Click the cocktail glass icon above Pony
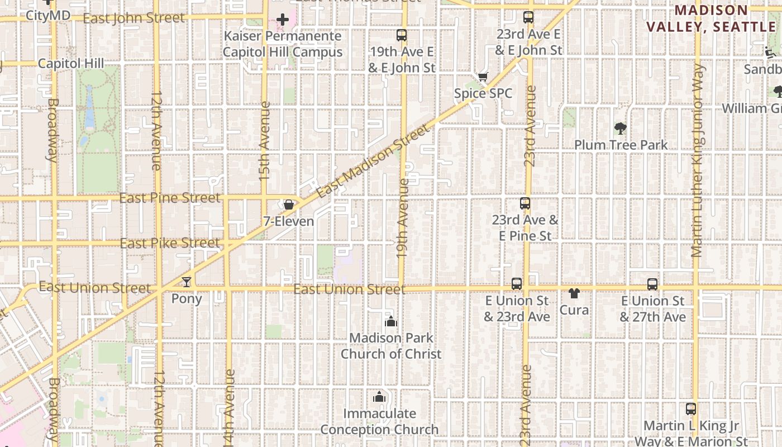[x=186, y=282]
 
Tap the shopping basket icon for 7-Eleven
[x=289, y=205]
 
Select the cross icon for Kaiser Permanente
[x=283, y=20]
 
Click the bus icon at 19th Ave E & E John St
[x=401, y=35]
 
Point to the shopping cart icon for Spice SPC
[x=483, y=77]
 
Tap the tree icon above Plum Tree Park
[x=620, y=129]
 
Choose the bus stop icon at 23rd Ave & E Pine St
[x=525, y=203]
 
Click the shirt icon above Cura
[x=574, y=293]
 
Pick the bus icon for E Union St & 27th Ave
[x=652, y=284]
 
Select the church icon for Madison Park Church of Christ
[x=391, y=321]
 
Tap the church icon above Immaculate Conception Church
[x=379, y=397]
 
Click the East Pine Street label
[x=170, y=198]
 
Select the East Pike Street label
[x=170, y=243]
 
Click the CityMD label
[x=48, y=15]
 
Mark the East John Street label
[x=133, y=18]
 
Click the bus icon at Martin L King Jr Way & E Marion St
[x=691, y=409]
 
